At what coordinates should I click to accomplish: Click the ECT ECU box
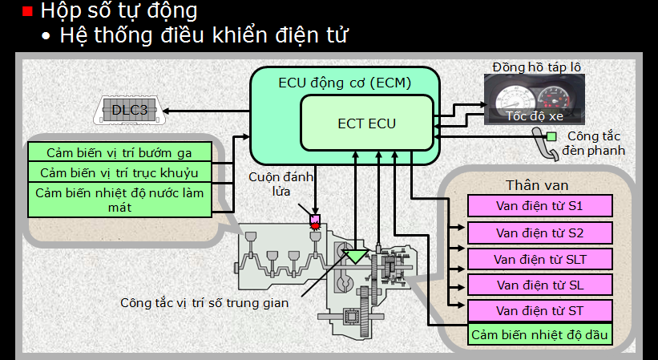(367, 123)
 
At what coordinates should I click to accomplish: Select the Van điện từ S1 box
(540, 206)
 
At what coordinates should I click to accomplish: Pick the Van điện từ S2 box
(540, 233)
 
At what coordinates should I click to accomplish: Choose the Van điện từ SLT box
(540, 259)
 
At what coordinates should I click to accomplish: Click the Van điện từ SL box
(540, 285)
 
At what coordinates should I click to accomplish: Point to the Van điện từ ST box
(540, 310)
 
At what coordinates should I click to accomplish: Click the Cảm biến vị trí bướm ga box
(119, 152)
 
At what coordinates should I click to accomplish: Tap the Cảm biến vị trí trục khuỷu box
(119, 172)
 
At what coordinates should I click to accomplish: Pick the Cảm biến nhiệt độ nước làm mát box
(119, 200)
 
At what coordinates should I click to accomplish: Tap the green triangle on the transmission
(353, 256)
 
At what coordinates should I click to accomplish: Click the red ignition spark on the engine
(315, 226)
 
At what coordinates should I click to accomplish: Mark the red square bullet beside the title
(26, 12)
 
